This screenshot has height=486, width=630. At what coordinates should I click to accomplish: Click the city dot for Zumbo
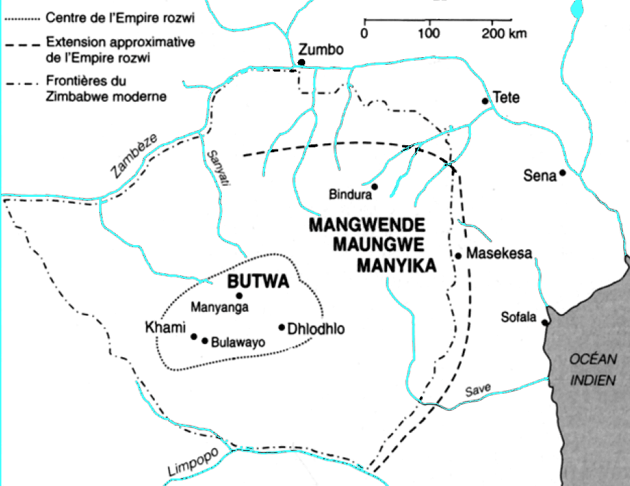(x=301, y=62)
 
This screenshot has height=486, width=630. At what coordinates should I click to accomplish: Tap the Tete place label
(x=506, y=98)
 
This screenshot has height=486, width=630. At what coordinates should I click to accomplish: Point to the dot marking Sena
(x=563, y=173)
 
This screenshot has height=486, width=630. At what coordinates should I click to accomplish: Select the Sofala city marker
(x=545, y=322)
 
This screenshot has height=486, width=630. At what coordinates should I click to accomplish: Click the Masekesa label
(x=499, y=253)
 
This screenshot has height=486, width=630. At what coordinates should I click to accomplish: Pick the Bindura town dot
(x=375, y=186)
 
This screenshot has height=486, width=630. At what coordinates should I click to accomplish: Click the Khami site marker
(x=194, y=337)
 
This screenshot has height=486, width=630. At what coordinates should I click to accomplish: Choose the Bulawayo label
(x=238, y=341)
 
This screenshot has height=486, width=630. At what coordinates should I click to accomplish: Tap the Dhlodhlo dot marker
(x=282, y=327)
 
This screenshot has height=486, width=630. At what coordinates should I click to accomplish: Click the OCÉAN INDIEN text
(x=591, y=370)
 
